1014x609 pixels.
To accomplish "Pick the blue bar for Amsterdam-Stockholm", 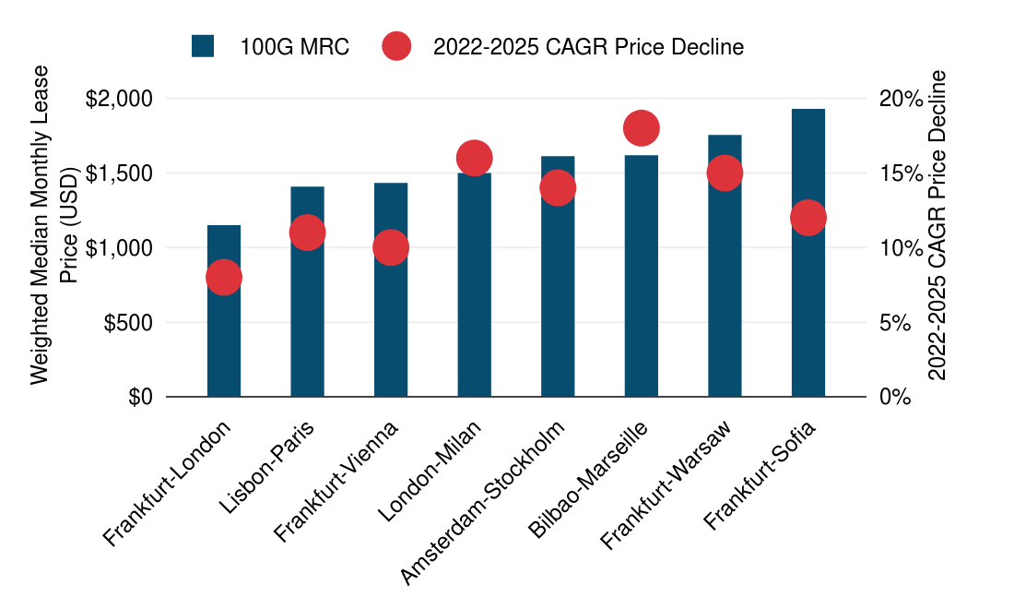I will (x=558, y=295).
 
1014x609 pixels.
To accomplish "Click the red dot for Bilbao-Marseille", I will (x=641, y=128).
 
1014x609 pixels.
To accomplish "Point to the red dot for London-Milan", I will (x=474, y=158).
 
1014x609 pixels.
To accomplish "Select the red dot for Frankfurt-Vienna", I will (x=391, y=247).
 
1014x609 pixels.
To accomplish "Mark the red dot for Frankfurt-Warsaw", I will (x=725, y=173).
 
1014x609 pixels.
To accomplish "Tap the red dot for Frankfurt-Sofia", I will (x=808, y=218).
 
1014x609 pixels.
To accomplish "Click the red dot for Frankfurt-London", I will (x=224, y=277).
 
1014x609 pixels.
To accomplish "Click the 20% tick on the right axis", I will (x=898, y=99).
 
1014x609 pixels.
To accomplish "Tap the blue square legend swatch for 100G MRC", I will (x=203, y=46).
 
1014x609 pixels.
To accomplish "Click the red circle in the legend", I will (x=396, y=46).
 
